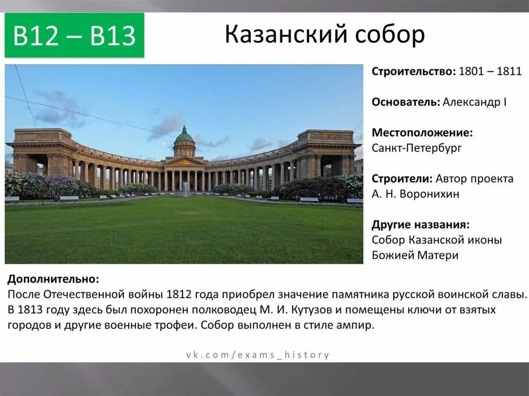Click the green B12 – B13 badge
click(x=74, y=36)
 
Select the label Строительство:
click(x=412, y=72)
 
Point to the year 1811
click(x=509, y=72)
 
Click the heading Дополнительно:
click(x=53, y=279)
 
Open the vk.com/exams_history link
click(x=258, y=355)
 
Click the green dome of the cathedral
click(x=184, y=136)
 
